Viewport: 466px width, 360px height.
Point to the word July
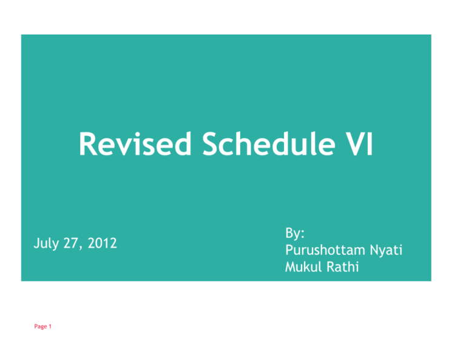45,244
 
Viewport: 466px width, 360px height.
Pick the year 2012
101,244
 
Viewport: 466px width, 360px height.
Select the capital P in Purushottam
288,248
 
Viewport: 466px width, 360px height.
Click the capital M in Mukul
289,265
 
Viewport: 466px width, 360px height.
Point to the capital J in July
35,244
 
